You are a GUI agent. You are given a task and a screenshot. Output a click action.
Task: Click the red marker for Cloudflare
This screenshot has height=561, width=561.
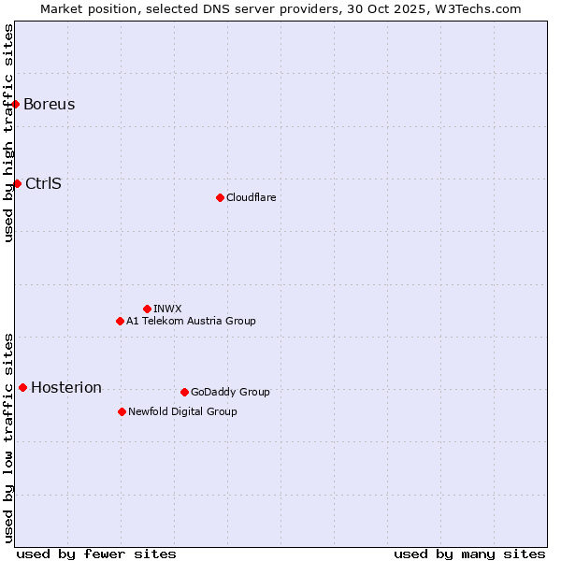(220, 197)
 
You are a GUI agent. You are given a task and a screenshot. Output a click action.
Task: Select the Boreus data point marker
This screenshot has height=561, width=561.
(16, 104)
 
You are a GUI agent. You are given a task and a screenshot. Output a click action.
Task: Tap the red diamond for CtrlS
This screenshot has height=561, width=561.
(17, 183)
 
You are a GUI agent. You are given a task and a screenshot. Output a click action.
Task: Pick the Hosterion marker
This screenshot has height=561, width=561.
(22, 387)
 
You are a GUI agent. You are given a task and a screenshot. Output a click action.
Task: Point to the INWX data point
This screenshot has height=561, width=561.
(147, 309)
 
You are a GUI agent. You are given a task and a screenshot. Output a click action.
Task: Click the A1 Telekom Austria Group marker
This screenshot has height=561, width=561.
(120, 321)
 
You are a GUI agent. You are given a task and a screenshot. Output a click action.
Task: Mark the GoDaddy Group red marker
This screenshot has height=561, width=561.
(184, 392)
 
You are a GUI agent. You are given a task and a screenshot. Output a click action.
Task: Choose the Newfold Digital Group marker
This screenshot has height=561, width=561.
(122, 411)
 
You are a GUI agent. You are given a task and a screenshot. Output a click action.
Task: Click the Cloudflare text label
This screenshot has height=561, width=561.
(251, 197)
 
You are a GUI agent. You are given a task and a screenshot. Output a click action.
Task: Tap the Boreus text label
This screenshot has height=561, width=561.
(50, 104)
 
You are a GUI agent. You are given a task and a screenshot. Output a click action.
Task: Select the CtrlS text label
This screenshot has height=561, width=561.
(43, 183)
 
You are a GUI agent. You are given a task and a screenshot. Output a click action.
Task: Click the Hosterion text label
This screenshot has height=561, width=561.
(66, 387)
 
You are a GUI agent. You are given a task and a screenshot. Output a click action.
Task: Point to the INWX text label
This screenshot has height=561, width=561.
(167, 309)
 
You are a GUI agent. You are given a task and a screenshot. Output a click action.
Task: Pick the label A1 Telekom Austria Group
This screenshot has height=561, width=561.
(191, 321)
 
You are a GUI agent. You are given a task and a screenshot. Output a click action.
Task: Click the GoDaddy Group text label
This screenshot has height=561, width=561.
(230, 392)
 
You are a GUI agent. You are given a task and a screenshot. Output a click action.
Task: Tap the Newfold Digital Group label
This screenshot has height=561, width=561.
(182, 411)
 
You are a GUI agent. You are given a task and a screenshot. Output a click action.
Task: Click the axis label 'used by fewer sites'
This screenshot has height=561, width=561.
(96, 554)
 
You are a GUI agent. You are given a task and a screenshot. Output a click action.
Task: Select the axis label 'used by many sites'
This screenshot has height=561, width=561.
(469, 554)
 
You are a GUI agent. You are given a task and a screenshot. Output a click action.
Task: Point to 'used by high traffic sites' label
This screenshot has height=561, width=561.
(8, 133)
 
